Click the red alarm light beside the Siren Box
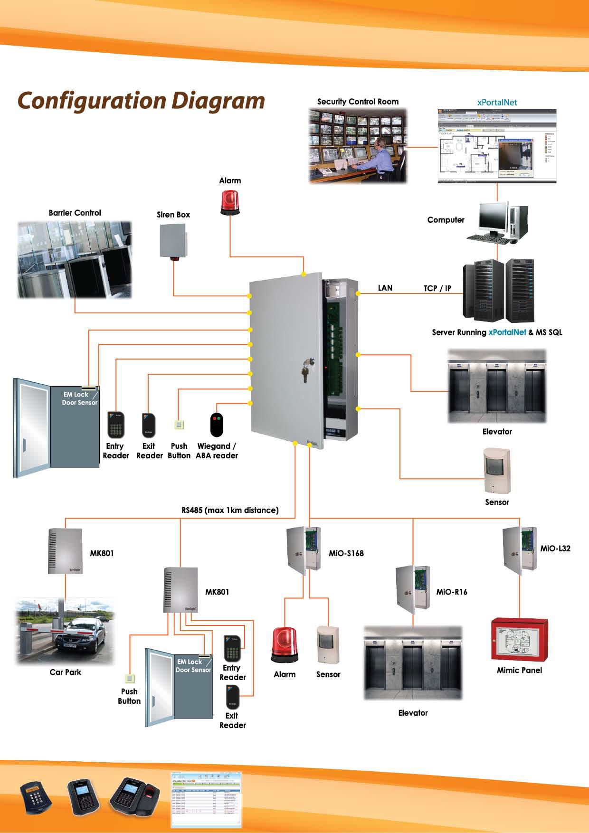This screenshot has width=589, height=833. click(x=230, y=203)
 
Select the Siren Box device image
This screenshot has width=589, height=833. click(x=173, y=241)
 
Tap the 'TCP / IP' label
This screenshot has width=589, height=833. click(x=437, y=288)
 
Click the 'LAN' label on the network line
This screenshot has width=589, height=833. click(x=385, y=288)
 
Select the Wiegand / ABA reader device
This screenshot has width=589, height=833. click(x=217, y=425)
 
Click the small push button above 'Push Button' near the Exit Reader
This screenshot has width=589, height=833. click(x=179, y=425)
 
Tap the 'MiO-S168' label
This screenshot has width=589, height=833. click(x=346, y=553)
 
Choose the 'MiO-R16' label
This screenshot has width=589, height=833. click(x=451, y=592)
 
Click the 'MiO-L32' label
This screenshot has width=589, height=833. click(x=555, y=549)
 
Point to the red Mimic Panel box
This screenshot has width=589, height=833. click(x=519, y=639)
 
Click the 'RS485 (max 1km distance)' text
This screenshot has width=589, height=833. click(x=230, y=510)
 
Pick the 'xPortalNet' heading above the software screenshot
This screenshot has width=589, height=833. click(x=497, y=102)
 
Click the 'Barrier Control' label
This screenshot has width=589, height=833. click(x=75, y=213)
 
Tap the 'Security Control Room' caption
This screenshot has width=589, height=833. click(x=358, y=102)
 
